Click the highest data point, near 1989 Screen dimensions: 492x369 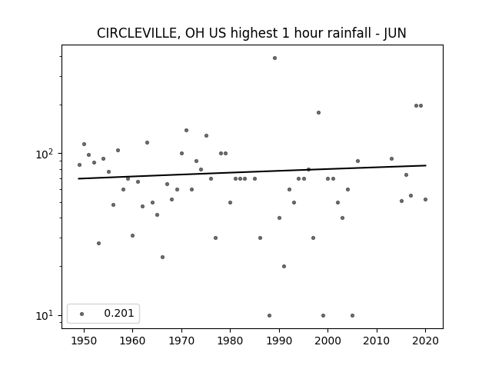point(274,58)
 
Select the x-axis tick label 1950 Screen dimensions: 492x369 point(84,341)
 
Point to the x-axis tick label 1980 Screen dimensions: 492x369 point(230,341)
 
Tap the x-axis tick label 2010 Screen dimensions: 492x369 point(376,341)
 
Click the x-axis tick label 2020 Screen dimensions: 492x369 point(425,341)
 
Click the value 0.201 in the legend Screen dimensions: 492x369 point(119,313)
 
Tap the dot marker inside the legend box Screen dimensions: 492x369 point(82,314)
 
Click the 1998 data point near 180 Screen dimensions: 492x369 point(318,113)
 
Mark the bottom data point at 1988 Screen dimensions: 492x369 point(269,316)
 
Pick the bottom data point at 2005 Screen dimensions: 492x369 point(352,316)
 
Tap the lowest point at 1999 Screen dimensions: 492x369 point(323,316)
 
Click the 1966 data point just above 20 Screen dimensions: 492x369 point(162,258)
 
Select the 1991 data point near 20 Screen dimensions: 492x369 point(284,267)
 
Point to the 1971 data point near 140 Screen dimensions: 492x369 point(186,130)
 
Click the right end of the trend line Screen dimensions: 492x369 point(426,165)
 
